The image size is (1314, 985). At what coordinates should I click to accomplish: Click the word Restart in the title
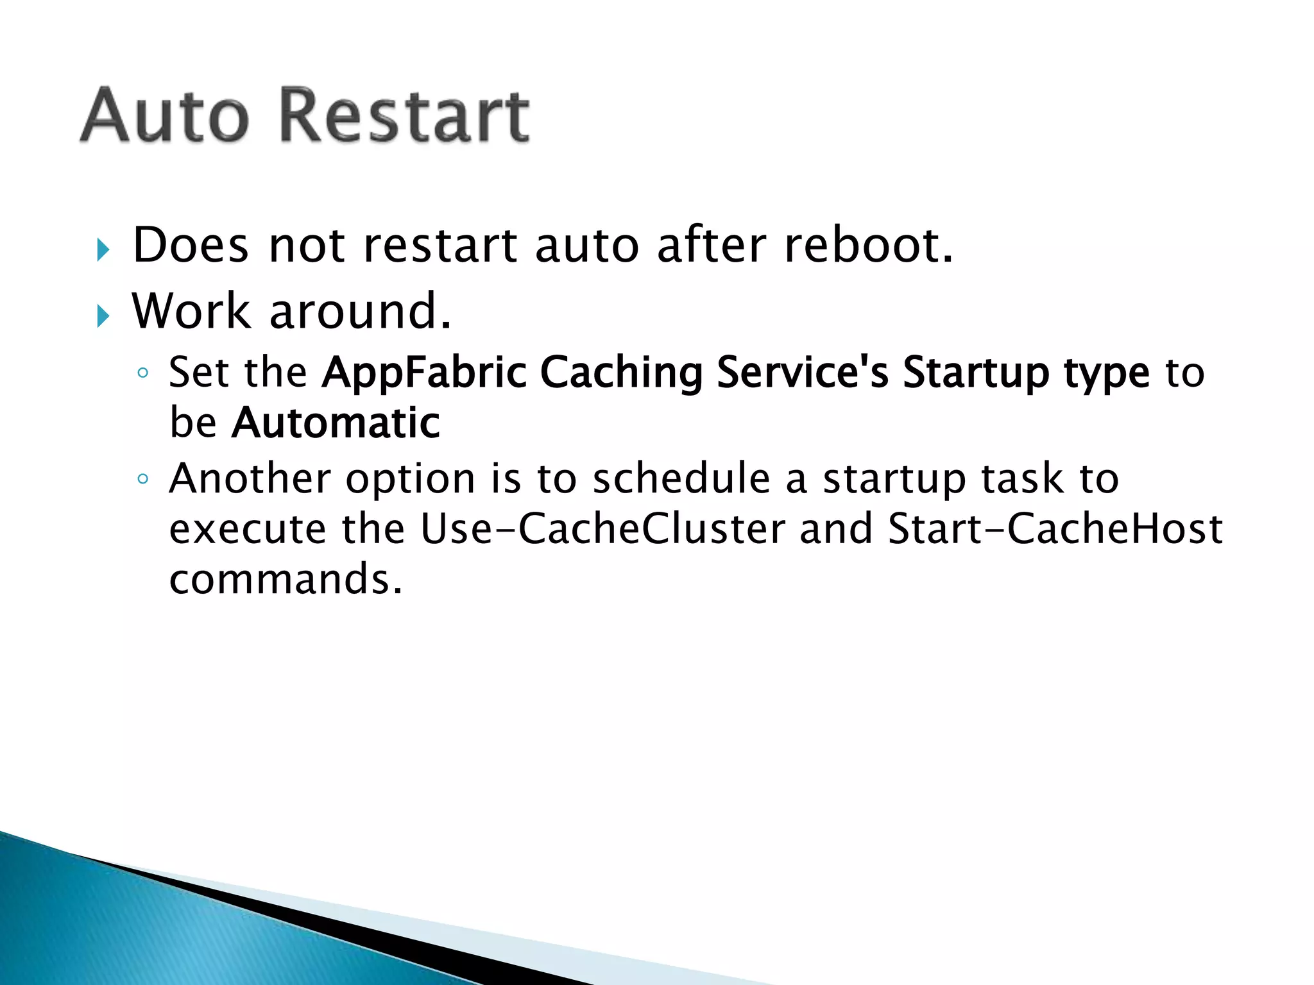[405, 116]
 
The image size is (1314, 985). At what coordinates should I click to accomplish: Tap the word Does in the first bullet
[190, 246]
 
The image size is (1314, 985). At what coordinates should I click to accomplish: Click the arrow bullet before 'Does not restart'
[103, 250]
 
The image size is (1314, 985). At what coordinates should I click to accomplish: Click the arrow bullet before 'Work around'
[103, 316]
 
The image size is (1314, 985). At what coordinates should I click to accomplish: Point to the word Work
[191, 312]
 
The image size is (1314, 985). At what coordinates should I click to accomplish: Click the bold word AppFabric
[423, 373]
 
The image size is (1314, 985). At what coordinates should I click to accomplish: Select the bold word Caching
[621, 373]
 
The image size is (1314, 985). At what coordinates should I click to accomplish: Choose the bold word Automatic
[336, 423]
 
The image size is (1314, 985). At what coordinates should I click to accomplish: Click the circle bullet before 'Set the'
[143, 373]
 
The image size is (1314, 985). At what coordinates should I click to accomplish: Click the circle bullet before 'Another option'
[143, 479]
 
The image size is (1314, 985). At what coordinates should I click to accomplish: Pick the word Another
[250, 478]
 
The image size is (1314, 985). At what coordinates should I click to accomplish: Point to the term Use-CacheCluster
[603, 529]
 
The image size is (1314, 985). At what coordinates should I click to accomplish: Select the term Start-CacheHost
[1055, 529]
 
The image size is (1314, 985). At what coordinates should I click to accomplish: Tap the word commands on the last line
[286, 579]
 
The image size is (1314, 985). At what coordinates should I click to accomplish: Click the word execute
[248, 530]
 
